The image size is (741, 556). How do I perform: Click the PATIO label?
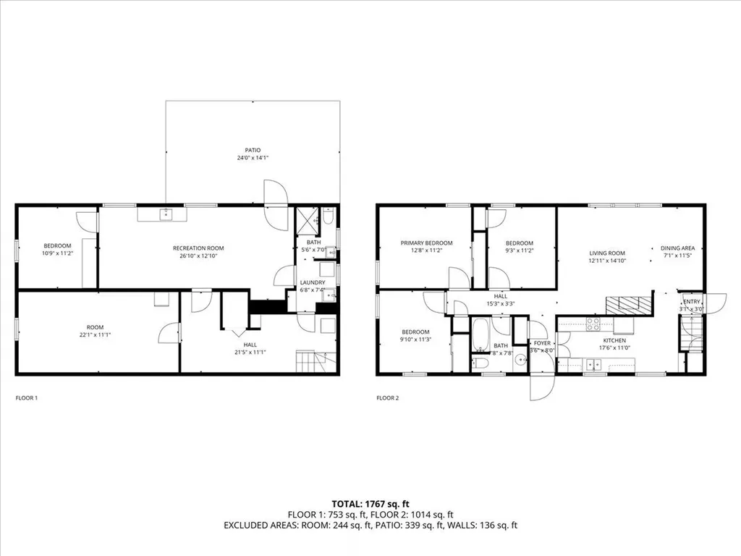click(252, 150)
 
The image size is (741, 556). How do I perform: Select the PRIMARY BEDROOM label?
click(427, 243)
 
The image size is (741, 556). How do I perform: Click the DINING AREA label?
click(677, 248)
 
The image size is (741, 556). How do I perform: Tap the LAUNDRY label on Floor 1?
click(312, 282)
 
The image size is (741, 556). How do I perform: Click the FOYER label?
click(542, 343)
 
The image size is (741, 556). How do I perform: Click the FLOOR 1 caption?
click(27, 397)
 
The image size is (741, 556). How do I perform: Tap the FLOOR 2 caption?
click(387, 397)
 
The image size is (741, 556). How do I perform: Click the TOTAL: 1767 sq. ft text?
click(370, 503)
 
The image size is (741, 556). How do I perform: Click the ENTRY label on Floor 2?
click(692, 302)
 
